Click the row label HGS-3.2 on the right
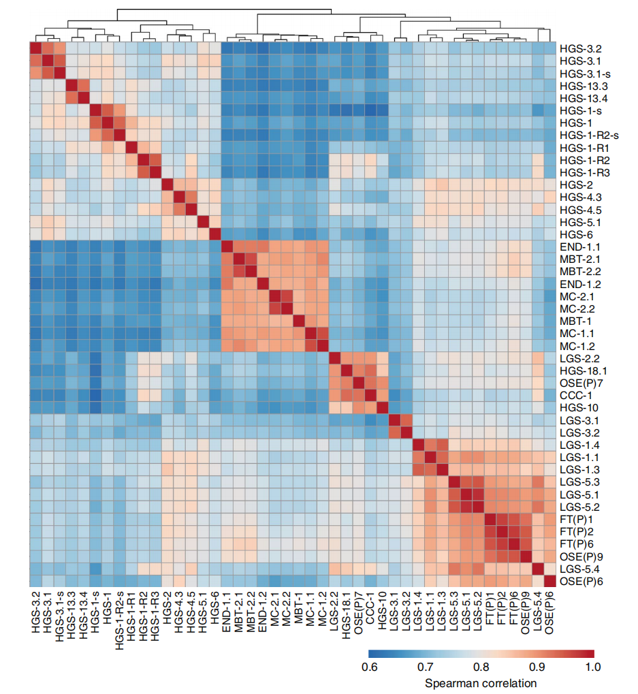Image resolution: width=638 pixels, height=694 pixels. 580,49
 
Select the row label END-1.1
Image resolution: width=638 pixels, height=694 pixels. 580,247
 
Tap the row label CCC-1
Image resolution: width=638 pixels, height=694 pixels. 575,395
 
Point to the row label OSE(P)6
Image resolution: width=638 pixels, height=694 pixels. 581,580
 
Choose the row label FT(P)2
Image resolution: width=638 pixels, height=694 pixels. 576,531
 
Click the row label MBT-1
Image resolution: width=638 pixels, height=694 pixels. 576,321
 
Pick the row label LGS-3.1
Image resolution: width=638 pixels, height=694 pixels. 579,420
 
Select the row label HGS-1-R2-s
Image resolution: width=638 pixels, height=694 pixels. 588,136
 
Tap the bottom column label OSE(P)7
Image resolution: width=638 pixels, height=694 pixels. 359,616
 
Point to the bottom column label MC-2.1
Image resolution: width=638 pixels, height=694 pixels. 276,614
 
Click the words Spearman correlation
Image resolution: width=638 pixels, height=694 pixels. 480,682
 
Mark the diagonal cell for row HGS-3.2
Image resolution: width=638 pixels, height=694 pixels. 35,48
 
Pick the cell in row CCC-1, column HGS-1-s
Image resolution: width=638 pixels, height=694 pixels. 95,395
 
